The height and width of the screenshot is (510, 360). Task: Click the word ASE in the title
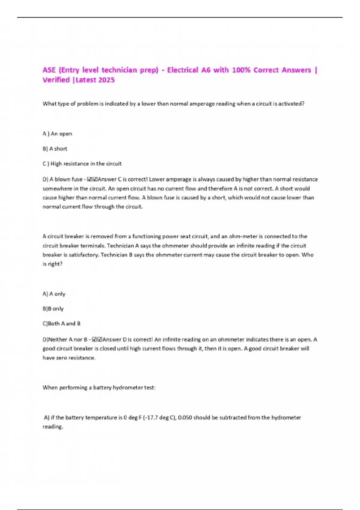tap(49, 70)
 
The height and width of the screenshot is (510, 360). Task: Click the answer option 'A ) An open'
tap(57, 134)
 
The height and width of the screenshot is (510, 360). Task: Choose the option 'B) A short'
tap(55, 149)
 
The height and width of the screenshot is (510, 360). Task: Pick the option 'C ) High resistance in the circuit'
tap(82, 164)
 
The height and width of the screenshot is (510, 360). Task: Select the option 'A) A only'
tap(54, 294)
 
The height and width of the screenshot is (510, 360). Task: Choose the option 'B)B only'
tap(53, 309)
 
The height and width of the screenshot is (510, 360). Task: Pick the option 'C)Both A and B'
tap(61, 324)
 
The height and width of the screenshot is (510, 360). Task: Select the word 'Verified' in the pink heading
tap(56, 80)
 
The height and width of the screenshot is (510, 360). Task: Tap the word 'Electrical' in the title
tap(183, 70)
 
